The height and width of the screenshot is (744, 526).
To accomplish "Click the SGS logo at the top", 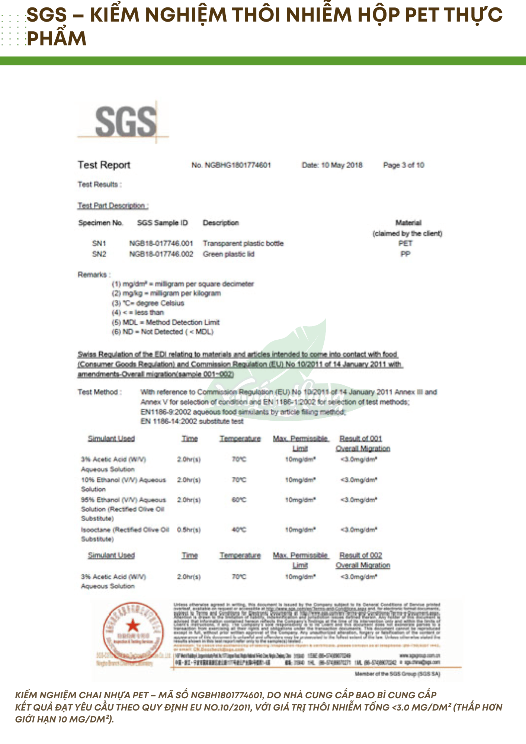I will (x=126, y=121).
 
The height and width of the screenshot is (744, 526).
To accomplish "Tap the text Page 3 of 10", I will (x=404, y=165).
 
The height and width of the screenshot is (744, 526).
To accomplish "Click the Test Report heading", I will (x=104, y=165).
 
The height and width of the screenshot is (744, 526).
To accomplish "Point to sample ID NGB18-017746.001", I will (x=161, y=243).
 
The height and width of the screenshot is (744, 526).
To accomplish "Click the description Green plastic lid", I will (x=228, y=254).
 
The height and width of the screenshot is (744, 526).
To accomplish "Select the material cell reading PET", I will (x=405, y=243).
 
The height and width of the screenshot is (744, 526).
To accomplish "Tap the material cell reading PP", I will (x=405, y=254).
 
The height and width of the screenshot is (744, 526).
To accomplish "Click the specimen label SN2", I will (x=99, y=254).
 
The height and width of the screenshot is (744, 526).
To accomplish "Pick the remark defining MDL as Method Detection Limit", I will (x=166, y=322).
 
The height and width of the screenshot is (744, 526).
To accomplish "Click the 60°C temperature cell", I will (x=239, y=500).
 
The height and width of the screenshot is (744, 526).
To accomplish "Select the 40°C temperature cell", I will (x=239, y=529).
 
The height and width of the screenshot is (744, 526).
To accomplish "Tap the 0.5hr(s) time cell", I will (x=189, y=529).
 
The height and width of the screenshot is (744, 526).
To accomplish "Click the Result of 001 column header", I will (x=360, y=439).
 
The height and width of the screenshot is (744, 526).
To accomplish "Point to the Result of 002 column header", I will (x=360, y=555).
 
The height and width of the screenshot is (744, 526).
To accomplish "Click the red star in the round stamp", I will (x=133, y=625).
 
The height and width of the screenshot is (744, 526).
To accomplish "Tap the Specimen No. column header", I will (x=100, y=223).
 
